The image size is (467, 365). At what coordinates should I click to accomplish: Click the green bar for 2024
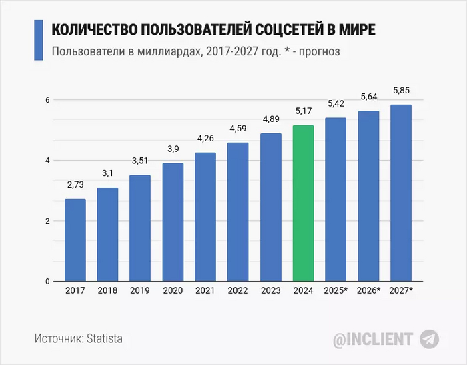pyautogui.click(x=303, y=203)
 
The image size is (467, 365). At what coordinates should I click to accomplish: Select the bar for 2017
pyautogui.click(x=75, y=240)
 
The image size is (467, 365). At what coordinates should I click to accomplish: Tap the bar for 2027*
pyautogui.click(x=401, y=193)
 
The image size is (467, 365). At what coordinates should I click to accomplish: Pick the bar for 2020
pyautogui.click(x=173, y=222)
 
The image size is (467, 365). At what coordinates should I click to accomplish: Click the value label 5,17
pyautogui.click(x=303, y=111)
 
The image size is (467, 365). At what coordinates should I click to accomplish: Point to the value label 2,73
pyautogui.click(x=75, y=184)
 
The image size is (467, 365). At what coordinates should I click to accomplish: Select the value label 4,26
pyautogui.click(x=205, y=139)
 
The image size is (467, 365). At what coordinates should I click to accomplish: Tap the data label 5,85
pyautogui.click(x=401, y=91)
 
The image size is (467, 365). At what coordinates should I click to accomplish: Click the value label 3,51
pyautogui.click(x=140, y=161)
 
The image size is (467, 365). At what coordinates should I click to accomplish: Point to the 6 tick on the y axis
pyautogui.click(x=47, y=100)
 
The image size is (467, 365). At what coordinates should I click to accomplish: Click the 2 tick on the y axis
pyautogui.click(x=47, y=221)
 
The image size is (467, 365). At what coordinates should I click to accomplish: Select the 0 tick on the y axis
pyautogui.click(x=47, y=281)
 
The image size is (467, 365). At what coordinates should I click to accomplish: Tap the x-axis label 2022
pyautogui.click(x=238, y=291)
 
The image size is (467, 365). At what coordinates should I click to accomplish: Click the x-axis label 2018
pyautogui.click(x=107, y=291)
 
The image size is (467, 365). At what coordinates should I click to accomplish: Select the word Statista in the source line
pyautogui.click(x=104, y=338)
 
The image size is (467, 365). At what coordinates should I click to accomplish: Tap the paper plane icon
pyautogui.click(x=429, y=338)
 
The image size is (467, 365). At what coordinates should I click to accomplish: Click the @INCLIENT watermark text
pyautogui.click(x=373, y=338)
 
